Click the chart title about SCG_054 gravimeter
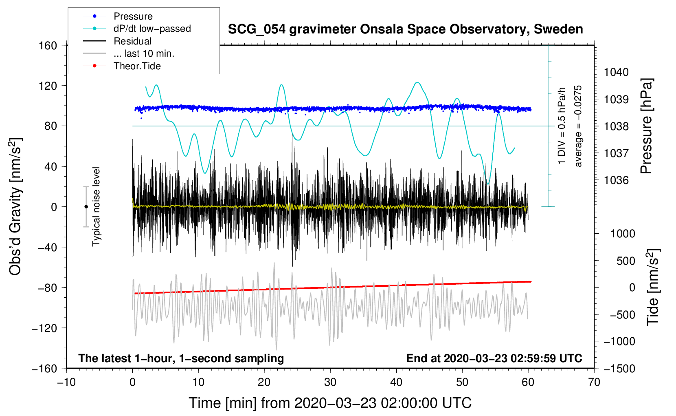tap(405, 29)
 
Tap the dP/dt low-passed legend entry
tap(152, 29)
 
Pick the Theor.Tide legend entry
tap(137, 66)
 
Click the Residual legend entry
tap(132, 41)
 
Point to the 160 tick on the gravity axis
tap(48, 45)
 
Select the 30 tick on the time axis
tap(330, 382)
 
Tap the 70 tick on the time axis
tap(594, 382)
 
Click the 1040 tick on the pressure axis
tap(616, 72)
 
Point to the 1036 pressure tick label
tap(616, 180)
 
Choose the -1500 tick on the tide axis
tap(619, 368)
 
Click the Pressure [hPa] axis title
tap(646, 126)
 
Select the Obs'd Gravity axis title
tap(15, 206)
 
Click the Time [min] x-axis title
tap(330, 403)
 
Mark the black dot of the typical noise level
tap(86, 207)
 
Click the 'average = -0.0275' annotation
tap(578, 126)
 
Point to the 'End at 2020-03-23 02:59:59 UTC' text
tap(494, 358)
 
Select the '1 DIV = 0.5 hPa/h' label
tap(562, 126)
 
